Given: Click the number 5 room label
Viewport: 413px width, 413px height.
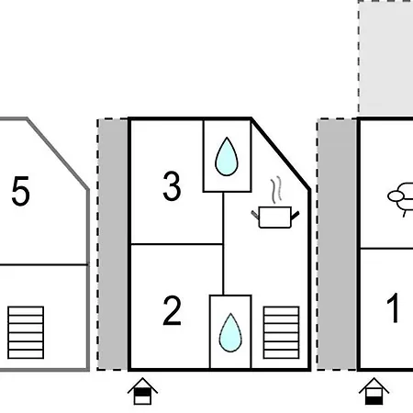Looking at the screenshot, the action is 21,190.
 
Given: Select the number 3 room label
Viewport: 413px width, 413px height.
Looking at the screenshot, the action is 172,185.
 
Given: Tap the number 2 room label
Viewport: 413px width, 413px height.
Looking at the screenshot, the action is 172,310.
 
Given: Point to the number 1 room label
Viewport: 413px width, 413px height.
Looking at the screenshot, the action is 394,307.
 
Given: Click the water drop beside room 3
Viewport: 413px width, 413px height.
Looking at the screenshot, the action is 227,156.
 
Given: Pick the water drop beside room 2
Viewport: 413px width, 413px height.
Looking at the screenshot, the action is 230,332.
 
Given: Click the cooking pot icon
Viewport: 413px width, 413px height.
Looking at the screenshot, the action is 275,217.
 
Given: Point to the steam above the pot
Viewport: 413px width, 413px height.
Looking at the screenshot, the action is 276,189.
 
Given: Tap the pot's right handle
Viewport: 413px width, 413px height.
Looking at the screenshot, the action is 295,216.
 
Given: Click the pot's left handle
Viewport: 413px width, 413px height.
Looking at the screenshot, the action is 255,215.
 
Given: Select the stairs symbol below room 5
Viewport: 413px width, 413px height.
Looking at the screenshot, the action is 26,332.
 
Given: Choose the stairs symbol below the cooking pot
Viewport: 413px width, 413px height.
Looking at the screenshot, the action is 282,332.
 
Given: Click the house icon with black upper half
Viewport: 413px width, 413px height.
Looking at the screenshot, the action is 142,391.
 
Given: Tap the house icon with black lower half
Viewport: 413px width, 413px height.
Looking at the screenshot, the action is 374,391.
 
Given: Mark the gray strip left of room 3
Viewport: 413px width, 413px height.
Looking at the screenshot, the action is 113,244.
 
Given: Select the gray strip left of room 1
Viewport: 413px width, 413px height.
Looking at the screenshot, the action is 337,244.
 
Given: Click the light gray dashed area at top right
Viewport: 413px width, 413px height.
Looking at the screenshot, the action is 385,57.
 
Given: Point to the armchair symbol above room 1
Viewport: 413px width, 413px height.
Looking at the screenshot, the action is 400,199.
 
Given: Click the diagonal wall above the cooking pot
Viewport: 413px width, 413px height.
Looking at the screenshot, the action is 281,153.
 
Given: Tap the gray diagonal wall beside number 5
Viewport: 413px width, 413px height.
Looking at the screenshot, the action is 58,154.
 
